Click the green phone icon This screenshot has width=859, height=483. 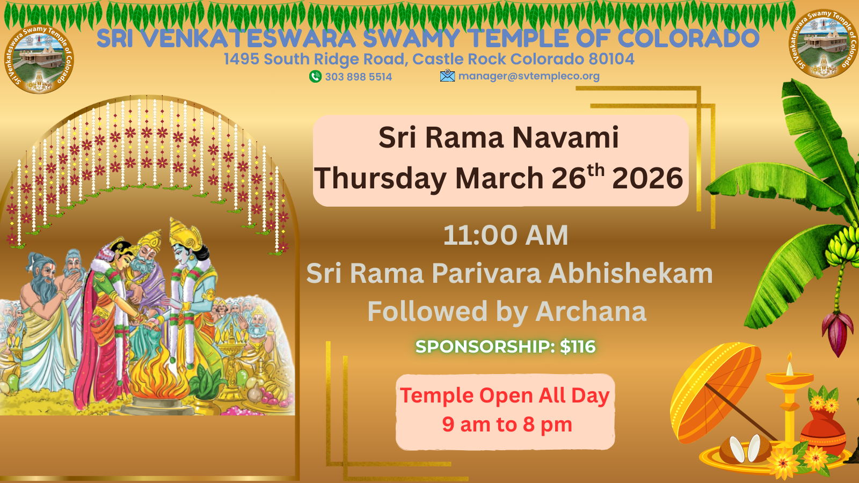pos(315,77)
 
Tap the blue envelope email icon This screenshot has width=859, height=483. pos(448,76)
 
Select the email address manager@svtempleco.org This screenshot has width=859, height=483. pos(529,76)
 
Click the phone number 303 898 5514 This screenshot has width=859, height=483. pos(359,77)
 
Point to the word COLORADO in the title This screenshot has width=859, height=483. pos(688,38)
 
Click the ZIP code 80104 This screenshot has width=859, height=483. pos(612,59)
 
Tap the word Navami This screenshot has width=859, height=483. pos(566,137)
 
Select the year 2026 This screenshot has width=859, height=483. pos(647,178)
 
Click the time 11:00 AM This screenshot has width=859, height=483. pos(505,235)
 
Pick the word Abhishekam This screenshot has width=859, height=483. pos(630,273)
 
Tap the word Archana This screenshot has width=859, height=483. pos(591,311)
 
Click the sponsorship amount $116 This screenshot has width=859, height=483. pos(578,347)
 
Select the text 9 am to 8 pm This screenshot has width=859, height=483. pos(507,425)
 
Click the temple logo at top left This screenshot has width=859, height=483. pos(39,59)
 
